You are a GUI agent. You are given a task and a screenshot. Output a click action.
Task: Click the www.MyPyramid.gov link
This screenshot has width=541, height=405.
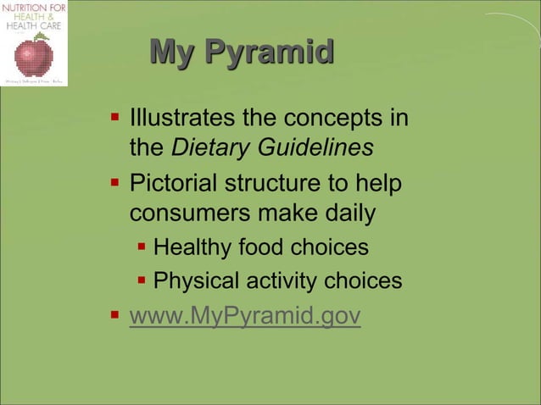[244, 316]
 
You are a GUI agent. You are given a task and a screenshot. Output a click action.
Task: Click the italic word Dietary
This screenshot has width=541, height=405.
[208, 147]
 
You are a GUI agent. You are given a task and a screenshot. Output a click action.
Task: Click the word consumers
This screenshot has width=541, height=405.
[192, 214]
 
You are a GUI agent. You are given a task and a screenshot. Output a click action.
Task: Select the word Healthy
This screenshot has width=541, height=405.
[192, 247]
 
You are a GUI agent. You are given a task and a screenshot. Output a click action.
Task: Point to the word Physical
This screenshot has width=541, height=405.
[195, 280]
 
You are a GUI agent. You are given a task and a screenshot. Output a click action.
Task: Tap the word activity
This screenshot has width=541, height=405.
[282, 280]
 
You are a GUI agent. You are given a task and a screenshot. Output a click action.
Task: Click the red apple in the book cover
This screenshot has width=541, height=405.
[34, 57]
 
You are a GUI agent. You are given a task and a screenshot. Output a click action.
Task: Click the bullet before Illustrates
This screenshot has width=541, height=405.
[114, 114]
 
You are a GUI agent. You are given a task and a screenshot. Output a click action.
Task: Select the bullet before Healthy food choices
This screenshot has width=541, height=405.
[142, 247]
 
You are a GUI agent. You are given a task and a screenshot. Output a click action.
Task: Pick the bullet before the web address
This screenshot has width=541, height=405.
[114, 315]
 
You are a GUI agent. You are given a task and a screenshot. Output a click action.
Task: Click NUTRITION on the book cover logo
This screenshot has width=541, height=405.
[33, 8]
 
